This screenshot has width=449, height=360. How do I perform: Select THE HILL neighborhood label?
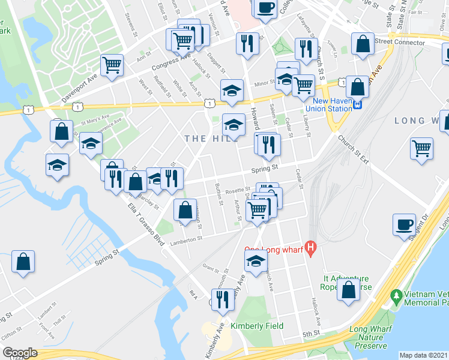coord(207,139)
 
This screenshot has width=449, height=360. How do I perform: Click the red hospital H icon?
coord(310,247)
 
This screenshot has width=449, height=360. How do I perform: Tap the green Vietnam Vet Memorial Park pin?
coord(396,296)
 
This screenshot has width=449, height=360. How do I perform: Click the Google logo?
coord(20,353)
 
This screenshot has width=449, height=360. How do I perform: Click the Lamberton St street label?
coord(186,239)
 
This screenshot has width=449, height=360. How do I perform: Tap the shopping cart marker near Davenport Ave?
coord(112,66)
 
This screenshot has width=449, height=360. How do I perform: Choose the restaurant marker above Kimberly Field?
coord(223,300)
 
